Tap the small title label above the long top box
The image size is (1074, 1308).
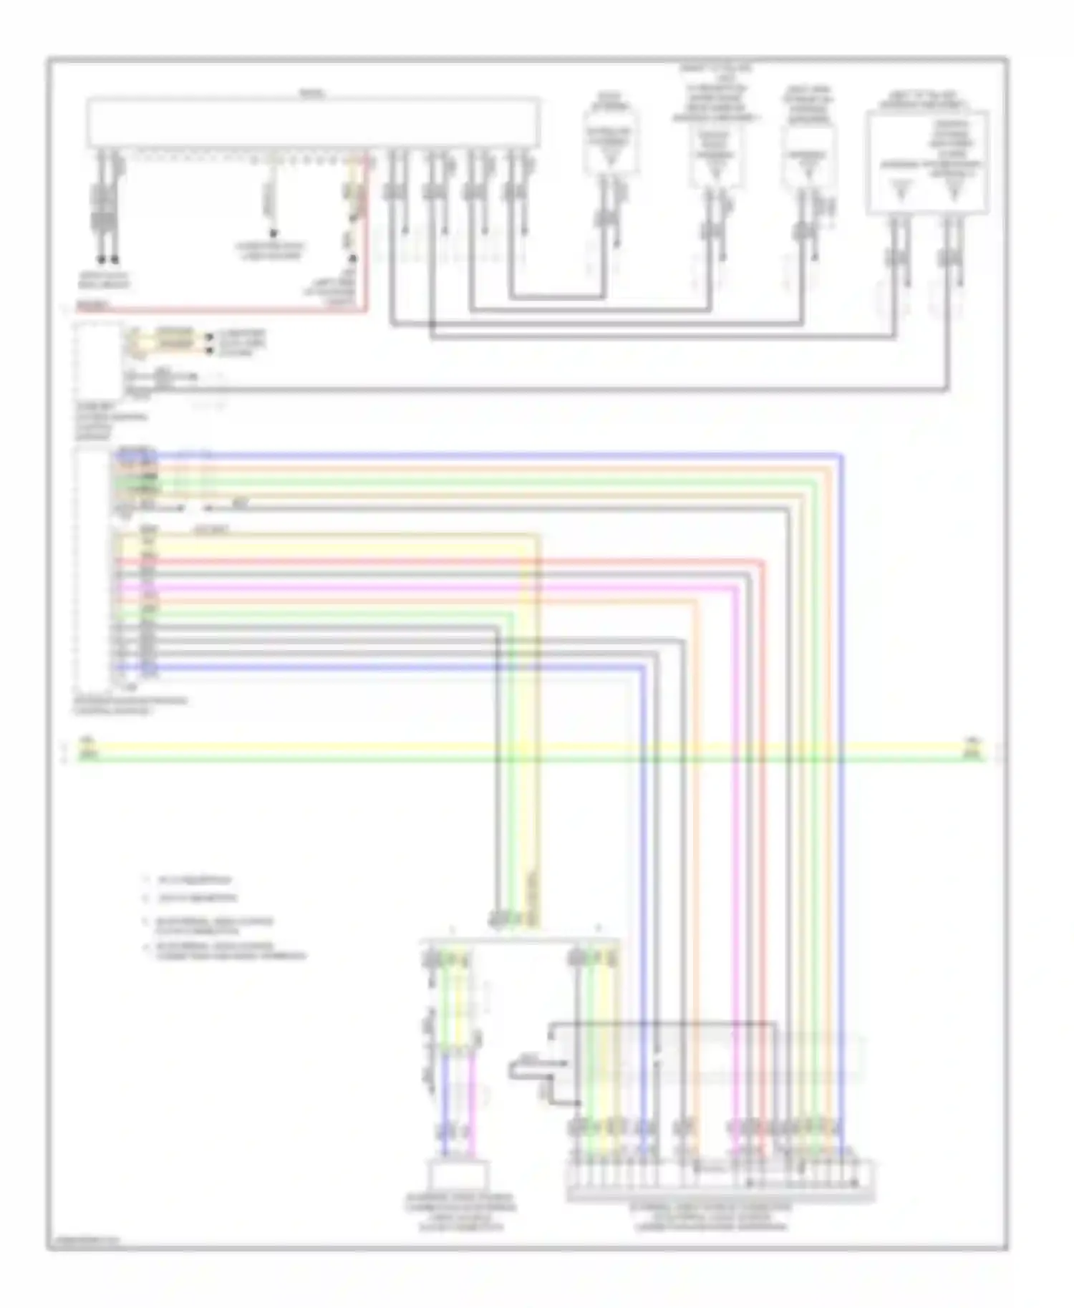(312, 94)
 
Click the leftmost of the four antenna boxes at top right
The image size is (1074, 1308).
(610, 137)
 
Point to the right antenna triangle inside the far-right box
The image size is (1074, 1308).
(952, 191)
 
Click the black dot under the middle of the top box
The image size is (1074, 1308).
(272, 233)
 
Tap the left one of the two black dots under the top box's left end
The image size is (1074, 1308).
(101, 260)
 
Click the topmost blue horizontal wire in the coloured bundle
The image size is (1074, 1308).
(501, 454)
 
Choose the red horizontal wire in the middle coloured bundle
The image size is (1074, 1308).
(430, 561)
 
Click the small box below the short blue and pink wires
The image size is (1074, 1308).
(458, 1176)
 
